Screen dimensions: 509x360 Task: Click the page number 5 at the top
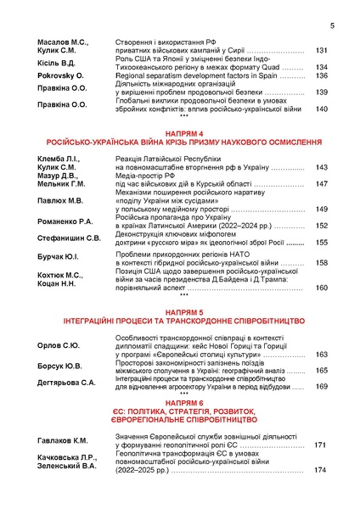coord(332,25)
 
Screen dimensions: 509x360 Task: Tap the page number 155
coord(322,243)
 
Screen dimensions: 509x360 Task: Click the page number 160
coord(322,288)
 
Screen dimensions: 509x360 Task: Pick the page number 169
coord(322,386)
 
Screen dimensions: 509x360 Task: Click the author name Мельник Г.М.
coord(62,183)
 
